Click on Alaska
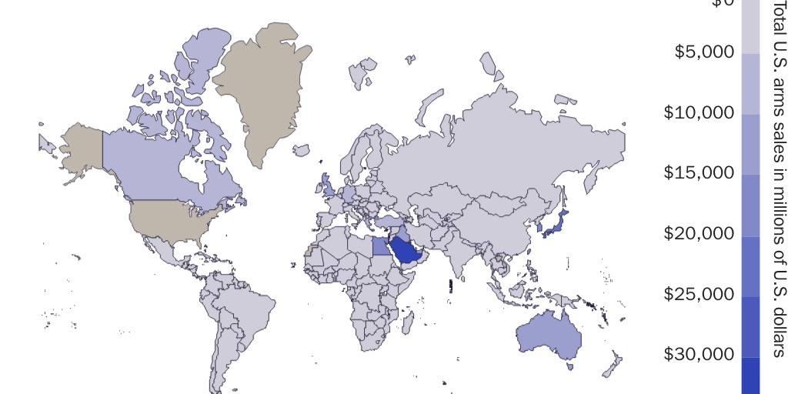81,146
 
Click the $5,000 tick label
704,52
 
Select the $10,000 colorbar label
699,113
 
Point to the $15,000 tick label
699,173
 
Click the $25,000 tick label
699,294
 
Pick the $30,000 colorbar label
699,355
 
